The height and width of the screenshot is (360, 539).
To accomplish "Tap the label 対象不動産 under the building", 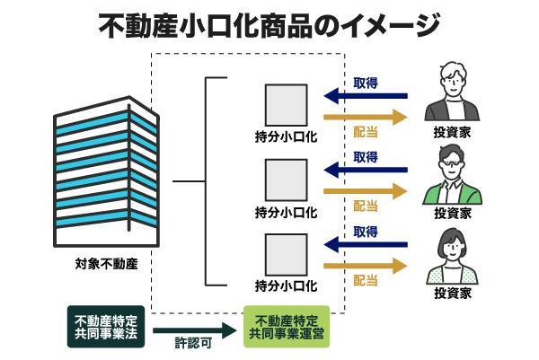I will pos(106,267).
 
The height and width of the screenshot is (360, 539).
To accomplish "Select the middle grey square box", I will pos(286,180).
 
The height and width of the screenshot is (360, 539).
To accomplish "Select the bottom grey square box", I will pos(286,255).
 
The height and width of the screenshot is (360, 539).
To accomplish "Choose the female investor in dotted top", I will pos(453,256).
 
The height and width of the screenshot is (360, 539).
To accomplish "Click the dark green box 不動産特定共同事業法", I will pos(106,326).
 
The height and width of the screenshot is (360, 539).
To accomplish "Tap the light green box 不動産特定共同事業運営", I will pos(287,326).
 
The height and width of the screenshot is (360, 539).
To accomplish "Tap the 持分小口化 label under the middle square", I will pos(286,213).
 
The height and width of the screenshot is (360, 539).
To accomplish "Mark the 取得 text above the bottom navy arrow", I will pos(366,232).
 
